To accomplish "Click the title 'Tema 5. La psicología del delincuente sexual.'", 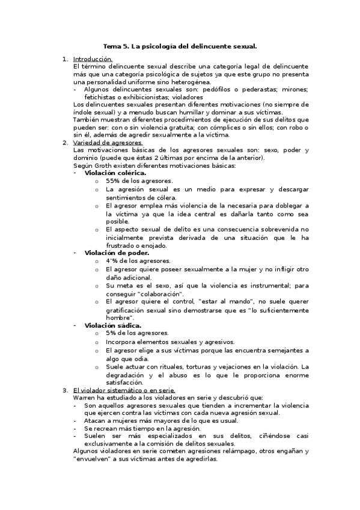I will pos(180,46).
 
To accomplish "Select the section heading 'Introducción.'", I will pos(93,59).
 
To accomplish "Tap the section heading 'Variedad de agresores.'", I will pos(108,143).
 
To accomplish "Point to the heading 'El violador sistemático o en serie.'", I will pos(124,390).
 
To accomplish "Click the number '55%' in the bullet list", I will pos(113,181).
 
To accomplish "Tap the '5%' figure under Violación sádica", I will pos(111,333).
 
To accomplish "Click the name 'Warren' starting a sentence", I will pos(85,398).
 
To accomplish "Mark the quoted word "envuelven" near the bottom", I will pos(94,458).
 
